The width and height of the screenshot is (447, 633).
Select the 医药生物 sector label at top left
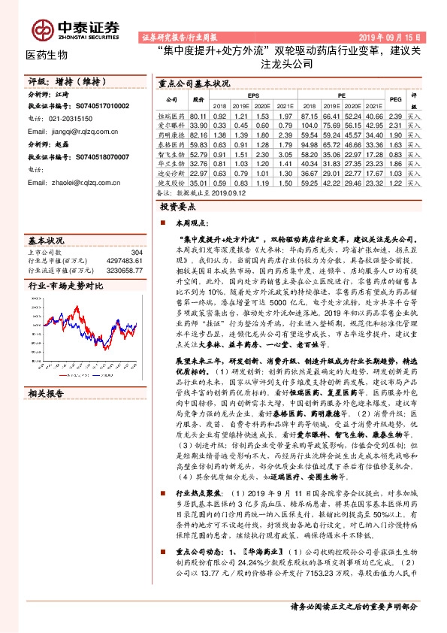click(47, 55)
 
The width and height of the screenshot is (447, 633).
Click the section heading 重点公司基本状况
click(188, 85)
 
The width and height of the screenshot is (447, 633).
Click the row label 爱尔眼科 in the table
click(171, 126)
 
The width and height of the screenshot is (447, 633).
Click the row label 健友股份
click(171, 181)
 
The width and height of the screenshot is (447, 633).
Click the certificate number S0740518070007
click(97, 156)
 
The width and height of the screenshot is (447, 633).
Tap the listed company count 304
click(136, 253)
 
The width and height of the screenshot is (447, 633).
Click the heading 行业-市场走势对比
click(65, 286)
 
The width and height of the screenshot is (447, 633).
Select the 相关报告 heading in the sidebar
click(47, 392)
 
